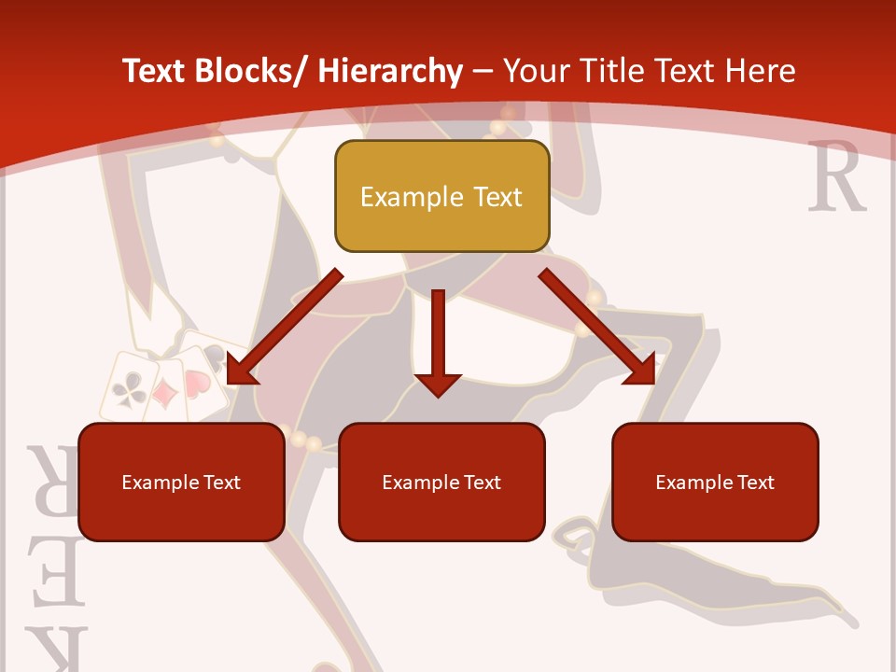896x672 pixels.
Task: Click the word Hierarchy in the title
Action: [390, 71]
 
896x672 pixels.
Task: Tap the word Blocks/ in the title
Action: [256, 71]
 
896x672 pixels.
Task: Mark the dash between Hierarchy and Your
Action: [483, 73]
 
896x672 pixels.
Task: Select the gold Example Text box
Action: [441, 197]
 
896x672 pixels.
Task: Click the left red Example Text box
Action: [181, 483]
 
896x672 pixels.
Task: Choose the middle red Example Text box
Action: [441, 483]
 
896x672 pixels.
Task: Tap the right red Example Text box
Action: [715, 483]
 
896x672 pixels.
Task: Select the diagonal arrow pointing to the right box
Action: [598, 327]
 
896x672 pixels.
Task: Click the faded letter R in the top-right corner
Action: [837, 177]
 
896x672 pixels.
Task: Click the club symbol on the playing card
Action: [127, 389]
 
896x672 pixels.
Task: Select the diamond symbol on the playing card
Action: [166, 394]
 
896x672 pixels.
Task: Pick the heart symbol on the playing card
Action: [197, 384]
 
